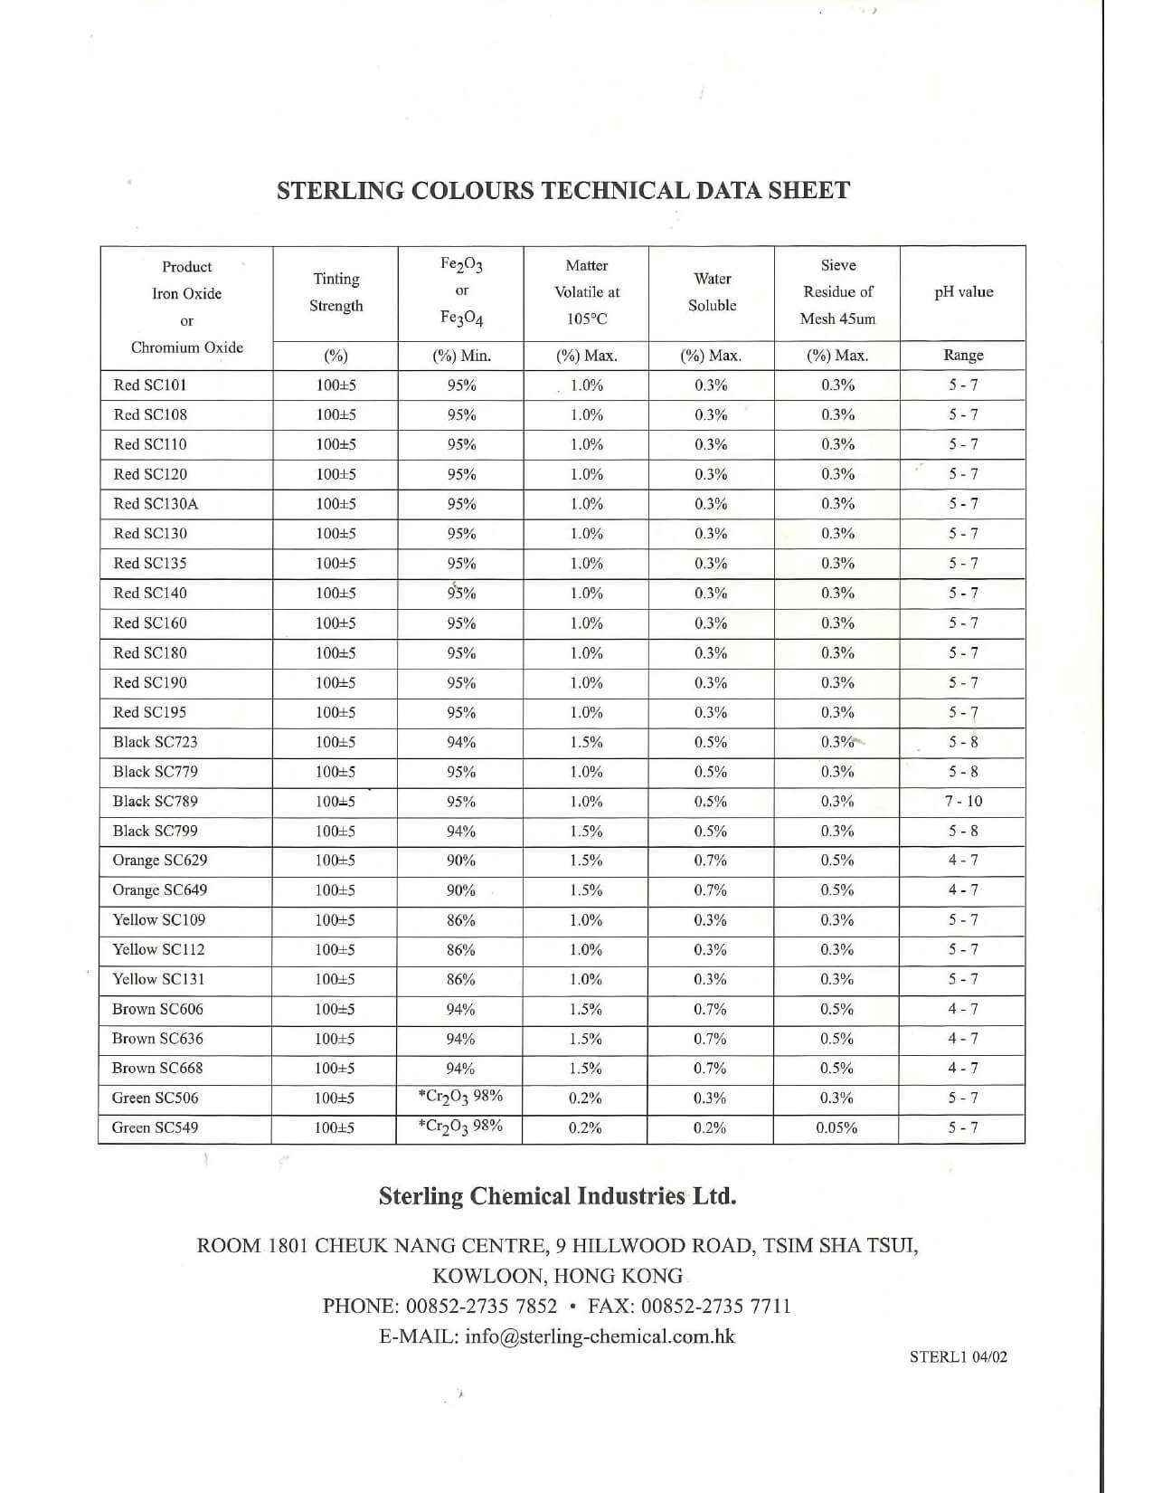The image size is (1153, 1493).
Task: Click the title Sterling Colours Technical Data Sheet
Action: click(562, 191)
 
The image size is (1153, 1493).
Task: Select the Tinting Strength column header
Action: click(336, 292)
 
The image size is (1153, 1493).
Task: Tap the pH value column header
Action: click(963, 292)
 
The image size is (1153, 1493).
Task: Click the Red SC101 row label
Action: click(150, 385)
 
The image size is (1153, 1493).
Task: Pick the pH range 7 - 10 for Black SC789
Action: click(963, 801)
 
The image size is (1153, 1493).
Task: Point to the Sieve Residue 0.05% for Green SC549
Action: click(836, 1127)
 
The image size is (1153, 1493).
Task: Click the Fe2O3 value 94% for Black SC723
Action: click(461, 742)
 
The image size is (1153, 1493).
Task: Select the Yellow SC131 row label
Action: click(158, 979)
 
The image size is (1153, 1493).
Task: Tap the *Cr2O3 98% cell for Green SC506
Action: click(461, 1097)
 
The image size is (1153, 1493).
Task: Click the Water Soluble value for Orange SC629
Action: click(711, 861)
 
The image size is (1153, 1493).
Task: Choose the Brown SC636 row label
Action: click(157, 1039)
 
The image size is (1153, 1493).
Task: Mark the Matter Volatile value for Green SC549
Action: click(586, 1127)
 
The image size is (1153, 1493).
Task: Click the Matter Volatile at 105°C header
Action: click(587, 292)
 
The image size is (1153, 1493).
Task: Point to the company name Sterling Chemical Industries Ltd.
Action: click(557, 1196)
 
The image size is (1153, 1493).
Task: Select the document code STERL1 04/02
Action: click(958, 1356)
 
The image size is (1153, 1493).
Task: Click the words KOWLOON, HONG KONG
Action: click(557, 1276)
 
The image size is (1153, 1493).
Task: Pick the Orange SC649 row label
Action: click(160, 890)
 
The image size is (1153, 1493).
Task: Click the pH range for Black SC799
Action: click(963, 831)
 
